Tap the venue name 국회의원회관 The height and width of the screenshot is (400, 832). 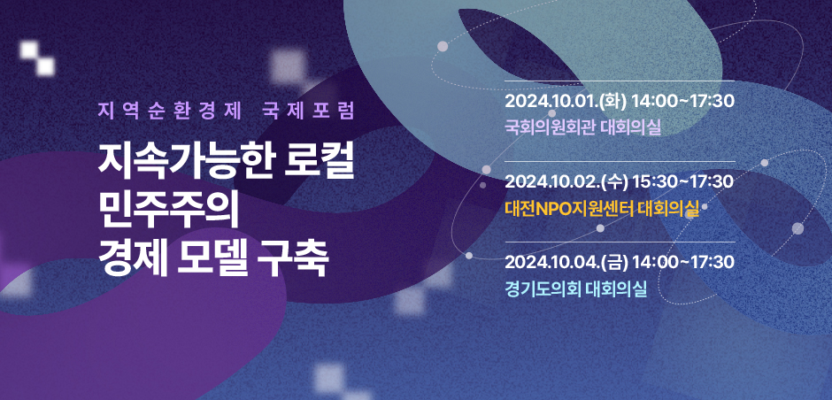tap(551, 127)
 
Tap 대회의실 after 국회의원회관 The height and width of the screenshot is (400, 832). tap(631, 127)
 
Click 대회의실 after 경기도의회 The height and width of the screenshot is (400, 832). tap(617, 289)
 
